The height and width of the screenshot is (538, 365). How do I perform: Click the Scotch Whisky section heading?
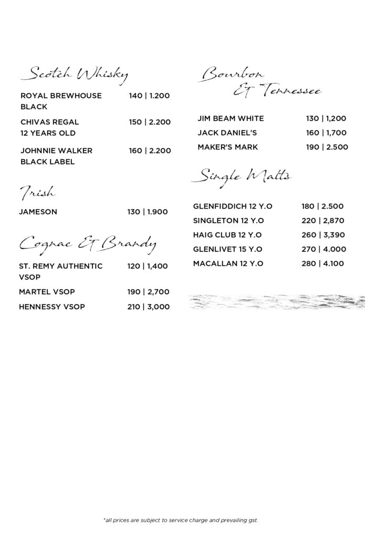[74, 75]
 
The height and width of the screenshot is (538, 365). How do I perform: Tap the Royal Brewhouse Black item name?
[61, 101]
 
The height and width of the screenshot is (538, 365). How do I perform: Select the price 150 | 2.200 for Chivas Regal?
[150, 122]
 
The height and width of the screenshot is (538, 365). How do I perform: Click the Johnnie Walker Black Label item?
[56, 156]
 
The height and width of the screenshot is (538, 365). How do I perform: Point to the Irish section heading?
[37, 194]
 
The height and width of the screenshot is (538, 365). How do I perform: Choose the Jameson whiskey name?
[38, 212]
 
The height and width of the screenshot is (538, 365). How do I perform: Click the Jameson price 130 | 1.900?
[147, 212]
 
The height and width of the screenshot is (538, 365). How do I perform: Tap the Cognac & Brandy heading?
[87, 243]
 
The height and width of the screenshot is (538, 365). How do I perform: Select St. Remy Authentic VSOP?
[60, 271]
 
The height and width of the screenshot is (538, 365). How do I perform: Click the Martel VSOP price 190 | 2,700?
[148, 292]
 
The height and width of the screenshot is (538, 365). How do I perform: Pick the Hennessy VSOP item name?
[51, 306]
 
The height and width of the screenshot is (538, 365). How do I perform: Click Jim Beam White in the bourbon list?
[231, 118]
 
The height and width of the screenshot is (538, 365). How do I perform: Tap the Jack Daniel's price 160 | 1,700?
[326, 133]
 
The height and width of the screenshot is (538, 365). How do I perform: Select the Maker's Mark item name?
[227, 147]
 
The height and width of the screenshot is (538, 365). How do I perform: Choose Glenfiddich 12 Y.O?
[233, 206]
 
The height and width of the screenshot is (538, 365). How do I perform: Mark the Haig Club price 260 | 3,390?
[323, 235]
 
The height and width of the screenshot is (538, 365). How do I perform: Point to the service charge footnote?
[181, 520]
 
